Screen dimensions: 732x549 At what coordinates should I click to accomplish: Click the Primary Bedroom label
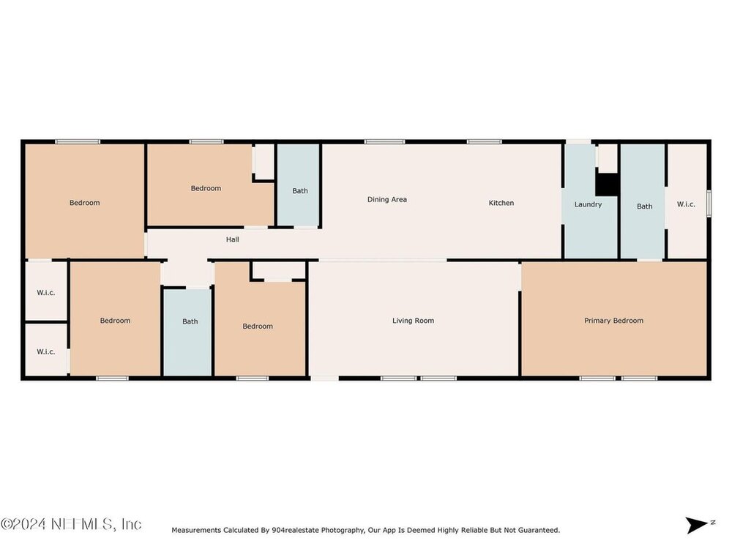click(613, 321)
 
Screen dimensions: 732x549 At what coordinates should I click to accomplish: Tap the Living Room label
click(413, 321)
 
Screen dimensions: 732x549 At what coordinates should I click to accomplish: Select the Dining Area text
click(387, 199)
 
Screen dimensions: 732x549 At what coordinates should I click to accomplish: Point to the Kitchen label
click(501, 203)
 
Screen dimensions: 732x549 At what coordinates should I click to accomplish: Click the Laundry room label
click(588, 204)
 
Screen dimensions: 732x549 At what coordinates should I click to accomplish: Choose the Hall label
click(233, 239)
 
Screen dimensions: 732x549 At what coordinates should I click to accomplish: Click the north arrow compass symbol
click(700, 525)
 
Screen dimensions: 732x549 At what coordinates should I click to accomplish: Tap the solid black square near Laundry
click(607, 185)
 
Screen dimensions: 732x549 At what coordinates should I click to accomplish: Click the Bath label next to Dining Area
click(300, 190)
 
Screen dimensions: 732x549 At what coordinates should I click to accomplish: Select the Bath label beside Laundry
click(645, 206)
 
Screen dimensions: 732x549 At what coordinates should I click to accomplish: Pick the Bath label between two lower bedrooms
click(190, 321)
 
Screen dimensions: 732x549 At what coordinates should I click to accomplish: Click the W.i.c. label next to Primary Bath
click(686, 204)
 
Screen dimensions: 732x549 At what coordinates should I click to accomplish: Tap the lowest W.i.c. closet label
click(45, 351)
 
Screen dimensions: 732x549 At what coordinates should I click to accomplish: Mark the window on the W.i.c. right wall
click(709, 203)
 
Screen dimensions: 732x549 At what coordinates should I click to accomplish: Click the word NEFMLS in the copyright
click(81, 524)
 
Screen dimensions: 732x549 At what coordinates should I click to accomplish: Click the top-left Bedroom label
click(84, 203)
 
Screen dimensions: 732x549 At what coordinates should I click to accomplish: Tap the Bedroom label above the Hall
click(206, 188)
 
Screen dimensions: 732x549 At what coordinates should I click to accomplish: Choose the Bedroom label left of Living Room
click(258, 326)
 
